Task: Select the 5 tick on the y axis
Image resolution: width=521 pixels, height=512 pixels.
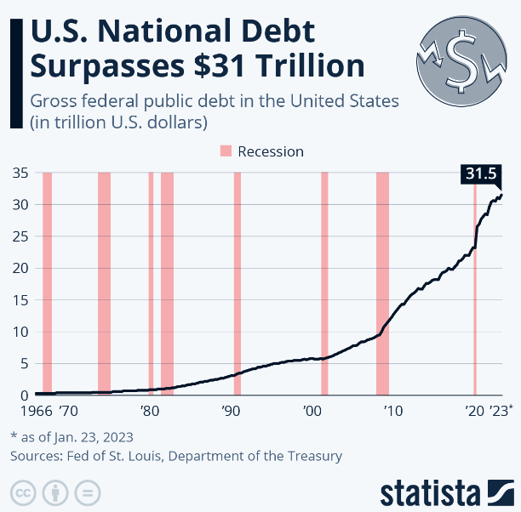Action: coord(26,364)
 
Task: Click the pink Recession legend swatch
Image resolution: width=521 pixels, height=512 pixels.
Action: coord(226,151)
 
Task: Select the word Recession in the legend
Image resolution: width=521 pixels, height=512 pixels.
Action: coord(271,151)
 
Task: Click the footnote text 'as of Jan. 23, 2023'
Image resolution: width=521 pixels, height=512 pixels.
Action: coord(77,437)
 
